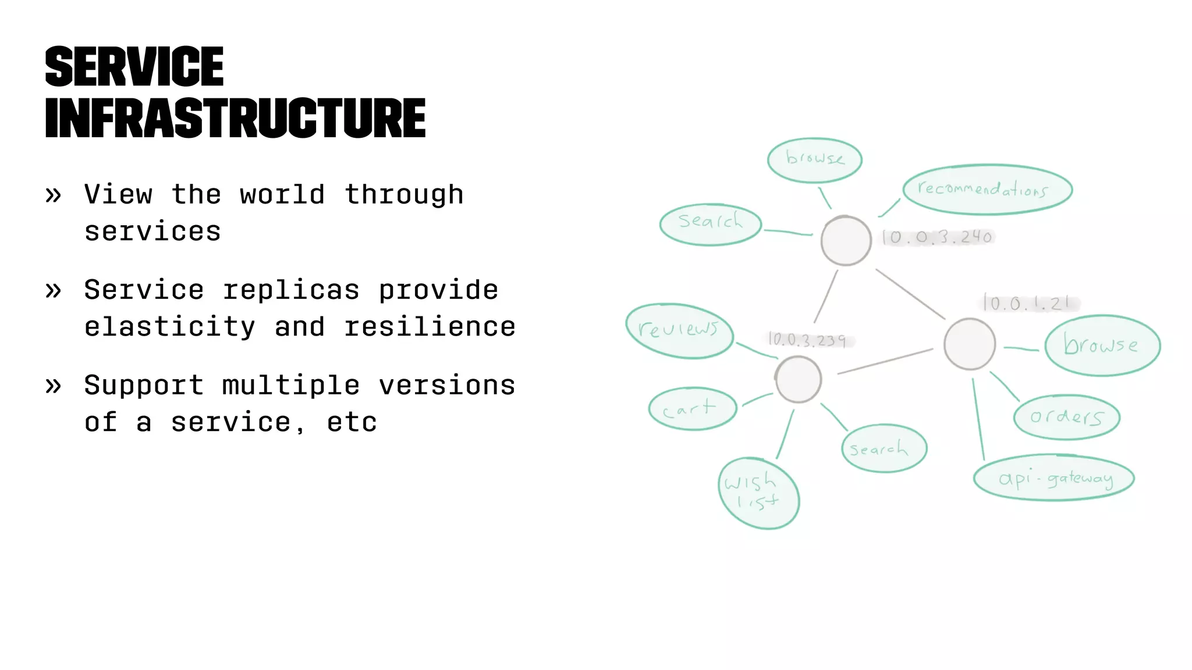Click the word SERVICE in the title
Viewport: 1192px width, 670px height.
pos(134,67)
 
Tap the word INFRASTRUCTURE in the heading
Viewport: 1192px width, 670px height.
pos(235,119)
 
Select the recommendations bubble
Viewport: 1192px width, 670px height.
pos(987,190)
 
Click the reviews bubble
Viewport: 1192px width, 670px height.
pos(679,330)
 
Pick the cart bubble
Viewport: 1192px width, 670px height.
pos(692,409)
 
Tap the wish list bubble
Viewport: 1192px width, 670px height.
pos(758,493)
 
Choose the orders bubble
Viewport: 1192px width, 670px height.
pos(1066,417)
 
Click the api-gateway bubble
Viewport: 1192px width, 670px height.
pos(1054,478)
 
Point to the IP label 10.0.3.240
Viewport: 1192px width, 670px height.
pos(937,237)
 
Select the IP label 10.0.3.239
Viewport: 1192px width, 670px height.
pos(808,340)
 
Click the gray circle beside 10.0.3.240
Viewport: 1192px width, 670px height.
pos(846,241)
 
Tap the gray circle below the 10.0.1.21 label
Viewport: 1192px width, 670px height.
pos(969,344)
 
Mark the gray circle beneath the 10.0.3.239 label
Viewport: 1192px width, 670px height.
pos(799,380)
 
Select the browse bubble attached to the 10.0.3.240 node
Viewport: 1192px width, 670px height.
pos(814,160)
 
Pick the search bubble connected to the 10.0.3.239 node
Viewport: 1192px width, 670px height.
pos(884,448)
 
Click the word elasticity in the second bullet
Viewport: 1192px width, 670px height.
pos(169,327)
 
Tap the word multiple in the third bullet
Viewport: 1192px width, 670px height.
pos(291,385)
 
